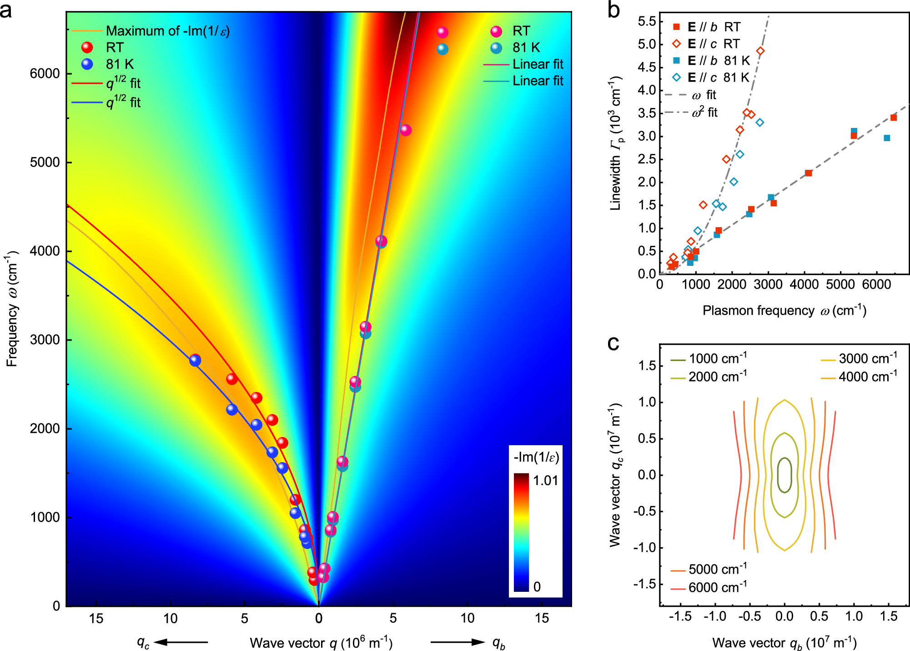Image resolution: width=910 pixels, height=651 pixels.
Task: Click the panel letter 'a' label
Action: click(6, 10)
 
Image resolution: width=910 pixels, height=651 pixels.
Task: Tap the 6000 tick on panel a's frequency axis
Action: click(45, 74)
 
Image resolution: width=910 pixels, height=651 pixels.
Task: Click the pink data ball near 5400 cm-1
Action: click(406, 130)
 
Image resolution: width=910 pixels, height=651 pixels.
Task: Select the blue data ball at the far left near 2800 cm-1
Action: click(195, 361)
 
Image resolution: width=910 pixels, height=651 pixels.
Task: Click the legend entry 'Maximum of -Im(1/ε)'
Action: click(167, 31)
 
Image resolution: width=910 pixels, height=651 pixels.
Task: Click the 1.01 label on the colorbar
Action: click(545, 480)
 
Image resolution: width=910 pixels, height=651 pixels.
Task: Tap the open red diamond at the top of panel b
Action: click(760, 51)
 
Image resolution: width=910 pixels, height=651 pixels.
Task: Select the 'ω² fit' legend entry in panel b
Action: click(704, 112)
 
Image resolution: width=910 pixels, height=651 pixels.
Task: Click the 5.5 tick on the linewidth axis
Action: click(647, 21)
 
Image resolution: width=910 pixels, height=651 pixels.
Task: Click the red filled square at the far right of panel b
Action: click(893, 117)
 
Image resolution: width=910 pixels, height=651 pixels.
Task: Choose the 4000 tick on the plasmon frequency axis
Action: click(804, 285)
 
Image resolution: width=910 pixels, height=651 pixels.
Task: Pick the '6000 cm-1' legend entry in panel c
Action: click(717, 588)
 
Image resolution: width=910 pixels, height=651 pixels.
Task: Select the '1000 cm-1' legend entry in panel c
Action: click(717, 359)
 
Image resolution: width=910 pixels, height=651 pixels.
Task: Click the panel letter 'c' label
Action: click(613, 343)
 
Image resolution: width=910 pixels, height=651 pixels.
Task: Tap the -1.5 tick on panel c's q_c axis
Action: click(645, 584)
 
